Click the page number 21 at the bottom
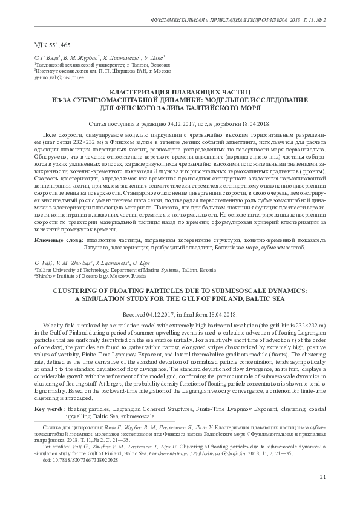click(322, 477)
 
